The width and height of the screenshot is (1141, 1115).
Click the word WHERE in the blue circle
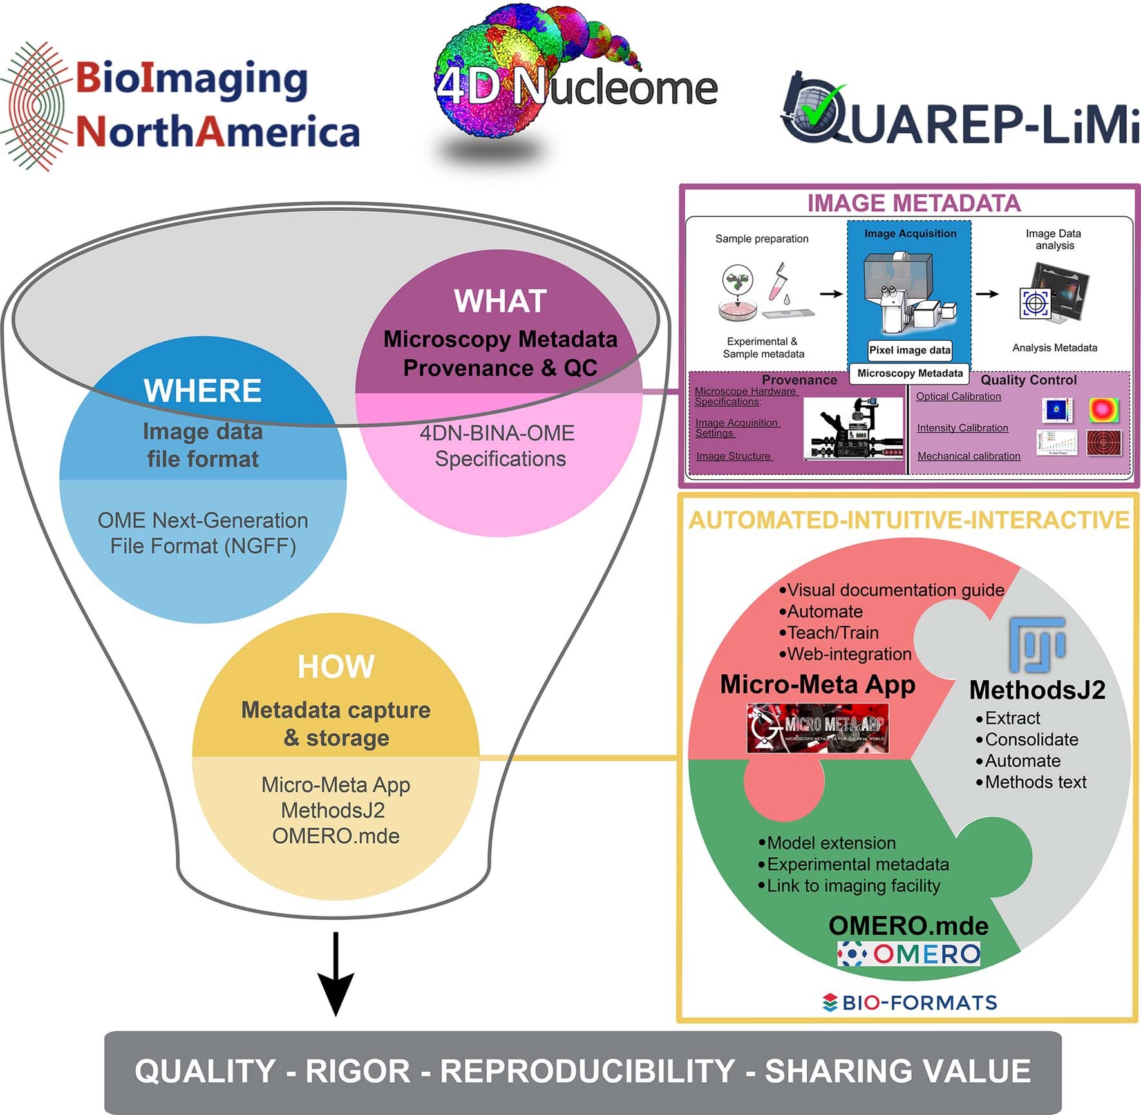[x=203, y=390]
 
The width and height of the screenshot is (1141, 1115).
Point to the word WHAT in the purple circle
[x=500, y=301]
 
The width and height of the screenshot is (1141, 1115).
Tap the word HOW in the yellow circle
[x=335, y=667]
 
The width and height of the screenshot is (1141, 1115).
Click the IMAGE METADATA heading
[x=914, y=203]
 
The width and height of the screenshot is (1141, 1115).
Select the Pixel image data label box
[x=909, y=350]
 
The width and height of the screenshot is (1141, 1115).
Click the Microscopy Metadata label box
[x=909, y=374]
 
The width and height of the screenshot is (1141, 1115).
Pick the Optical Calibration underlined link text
[x=958, y=397]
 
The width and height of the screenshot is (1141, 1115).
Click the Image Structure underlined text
[x=733, y=456]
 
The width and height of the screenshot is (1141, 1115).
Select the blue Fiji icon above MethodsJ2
[x=1037, y=644]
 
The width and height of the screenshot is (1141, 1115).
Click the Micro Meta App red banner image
[x=818, y=729]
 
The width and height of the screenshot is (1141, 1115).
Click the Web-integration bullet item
[x=847, y=654]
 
